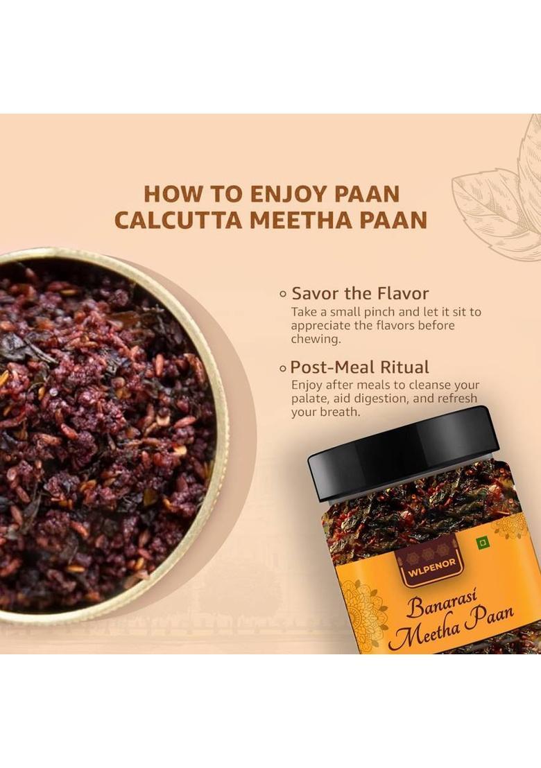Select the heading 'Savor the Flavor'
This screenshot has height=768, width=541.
360,293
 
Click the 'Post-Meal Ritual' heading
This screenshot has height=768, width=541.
359,367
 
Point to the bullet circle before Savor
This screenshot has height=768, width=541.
282,294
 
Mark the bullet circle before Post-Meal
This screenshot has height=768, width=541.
282,368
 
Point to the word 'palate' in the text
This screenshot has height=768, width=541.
311,398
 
